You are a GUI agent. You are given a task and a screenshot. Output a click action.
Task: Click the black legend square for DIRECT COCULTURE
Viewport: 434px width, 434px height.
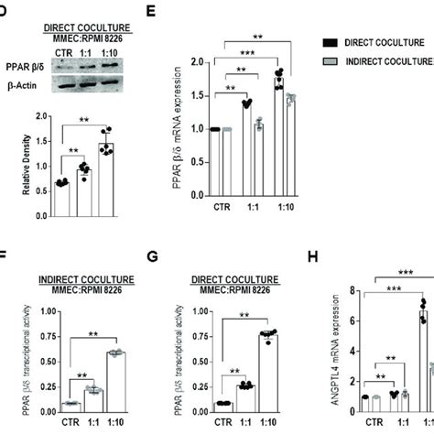[331, 42]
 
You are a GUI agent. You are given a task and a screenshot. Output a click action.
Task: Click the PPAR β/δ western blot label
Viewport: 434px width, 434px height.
[21, 65]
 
